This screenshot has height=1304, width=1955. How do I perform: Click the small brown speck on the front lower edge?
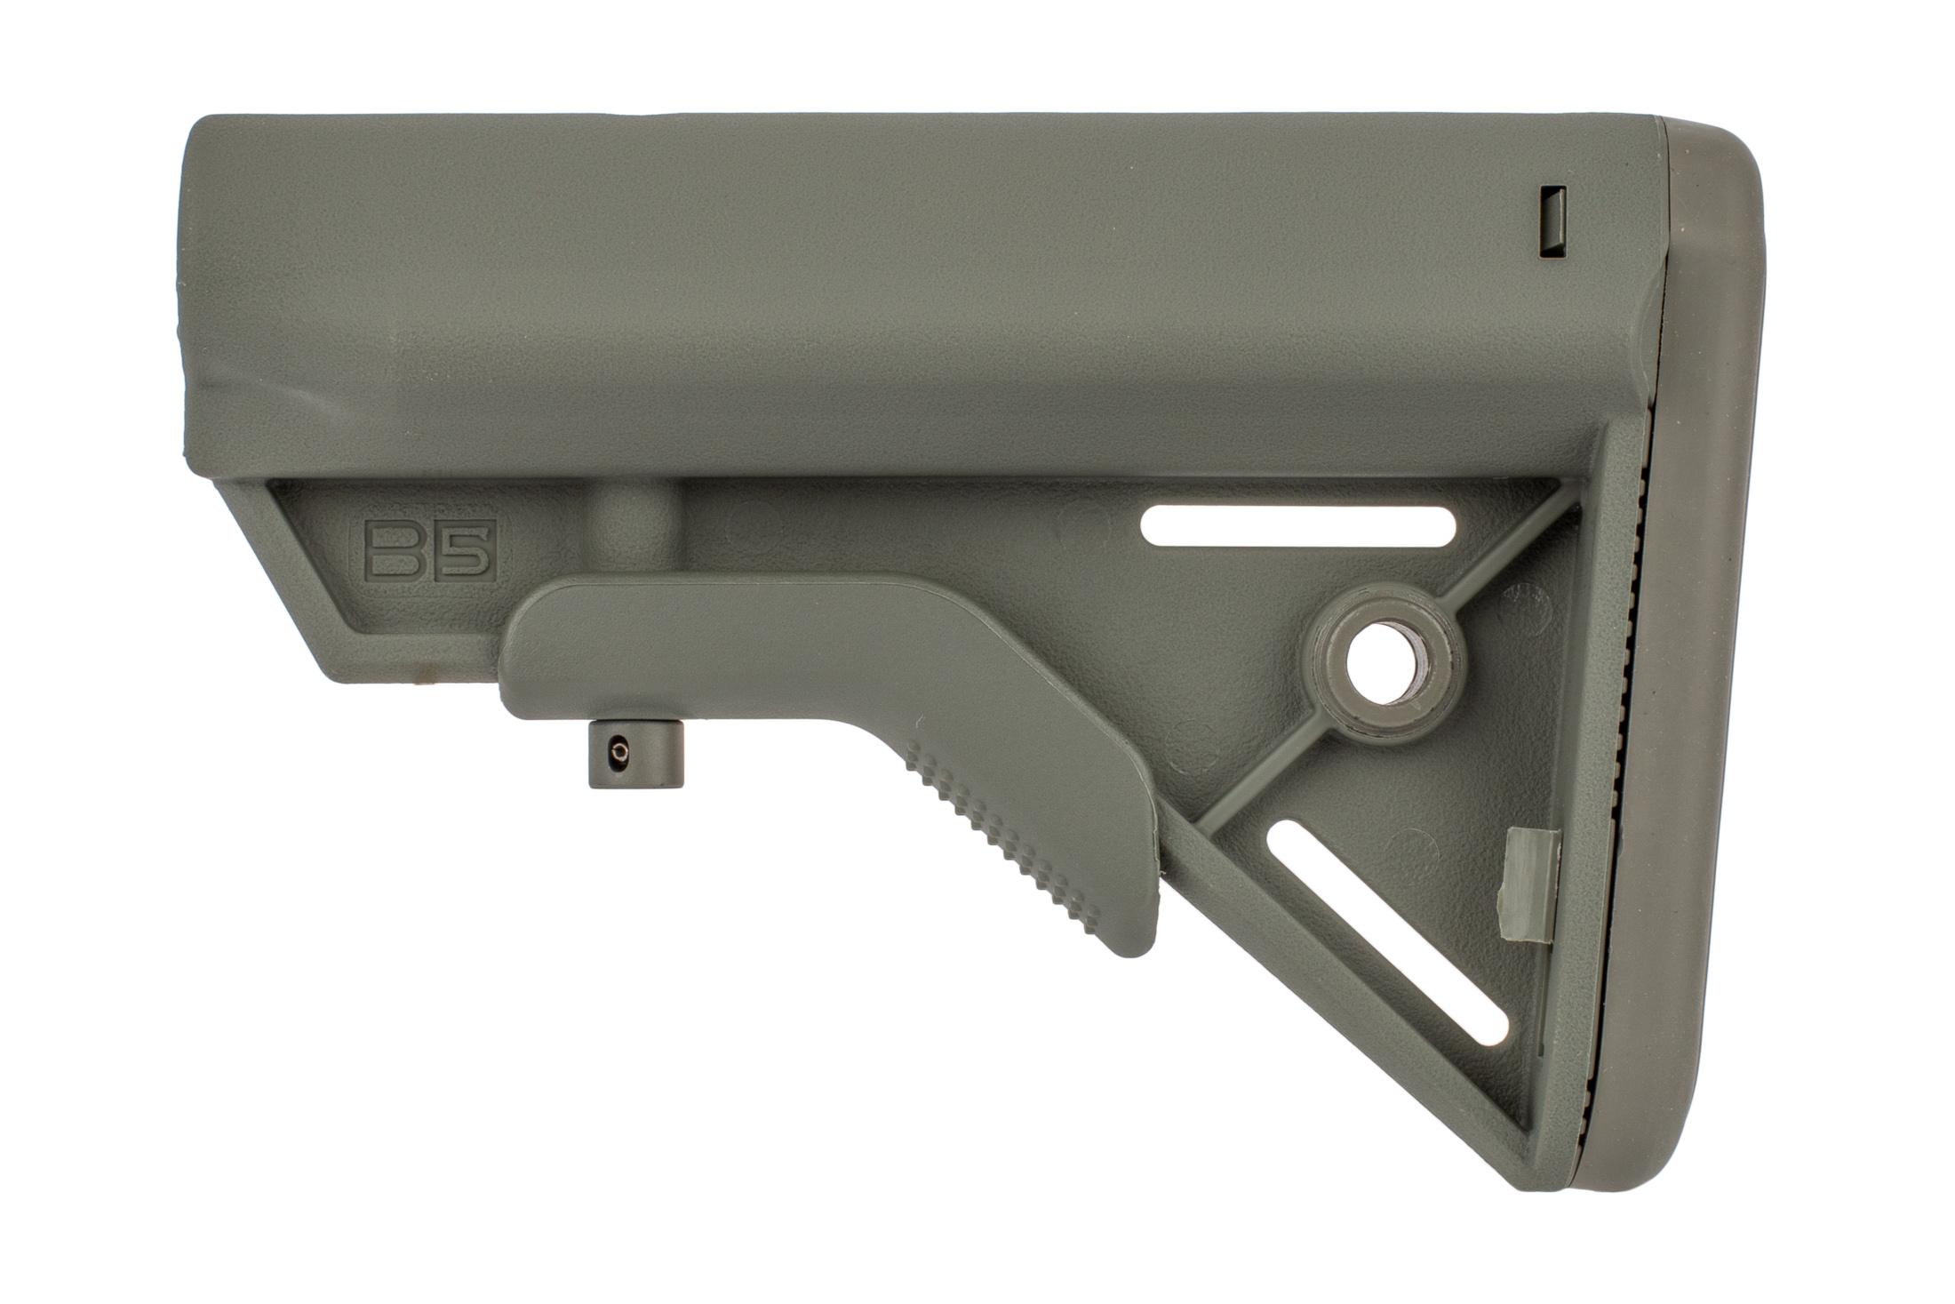coord(425,662)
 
